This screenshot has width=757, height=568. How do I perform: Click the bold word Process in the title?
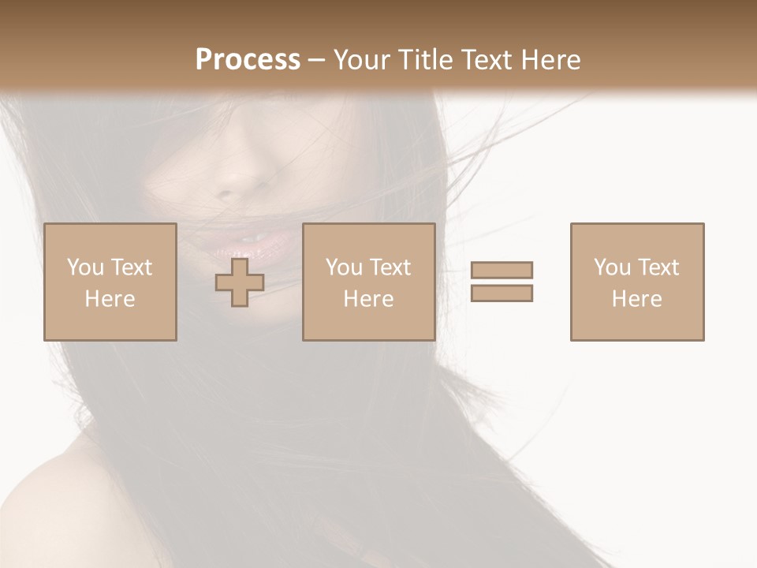[x=248, y=60]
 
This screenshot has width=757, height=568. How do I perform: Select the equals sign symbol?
[x=502, y=282]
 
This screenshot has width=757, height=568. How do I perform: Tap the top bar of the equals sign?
[x=502, y=270]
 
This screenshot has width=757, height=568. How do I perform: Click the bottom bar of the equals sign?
[x=502, y=293]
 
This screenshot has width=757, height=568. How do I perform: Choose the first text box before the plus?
[x=110, y=282]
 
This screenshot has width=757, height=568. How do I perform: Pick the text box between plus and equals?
[x=368, y=282]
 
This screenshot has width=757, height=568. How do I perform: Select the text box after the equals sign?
[x=637, y=282]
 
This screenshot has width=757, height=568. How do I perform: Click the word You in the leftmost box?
[x=84, y=267]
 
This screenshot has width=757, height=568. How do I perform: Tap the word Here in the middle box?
[x=368, y=299]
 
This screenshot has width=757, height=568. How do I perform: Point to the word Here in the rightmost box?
[x=637, y=299]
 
